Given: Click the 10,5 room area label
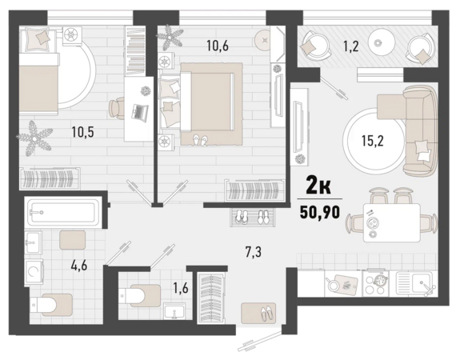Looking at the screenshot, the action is pos(83,132).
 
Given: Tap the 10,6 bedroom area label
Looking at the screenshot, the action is pos(218,46).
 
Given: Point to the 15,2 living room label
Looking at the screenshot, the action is pos(373,141).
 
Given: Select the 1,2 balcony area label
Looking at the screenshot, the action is pos(351,46).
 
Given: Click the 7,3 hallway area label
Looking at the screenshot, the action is pos(254,252).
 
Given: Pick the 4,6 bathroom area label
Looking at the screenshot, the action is pos(79,266).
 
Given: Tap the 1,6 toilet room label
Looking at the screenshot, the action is pos(181,288).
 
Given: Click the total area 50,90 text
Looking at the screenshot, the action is pos(320,212).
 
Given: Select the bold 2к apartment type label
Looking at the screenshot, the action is pos(318,186).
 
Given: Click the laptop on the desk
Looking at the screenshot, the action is pos(140,111).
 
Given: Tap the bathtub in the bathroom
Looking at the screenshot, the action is pos(63,212).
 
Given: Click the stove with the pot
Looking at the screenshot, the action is pos(377,284).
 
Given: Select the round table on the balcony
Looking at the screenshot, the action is pos(378,42).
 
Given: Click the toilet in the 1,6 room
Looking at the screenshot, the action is pos(139,295).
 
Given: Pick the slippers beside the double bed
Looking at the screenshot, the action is pos(201,140).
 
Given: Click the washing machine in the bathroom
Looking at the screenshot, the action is pos(34,272).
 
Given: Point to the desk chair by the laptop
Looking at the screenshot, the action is pos(116,108).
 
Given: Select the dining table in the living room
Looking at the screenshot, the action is pos(392,222).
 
